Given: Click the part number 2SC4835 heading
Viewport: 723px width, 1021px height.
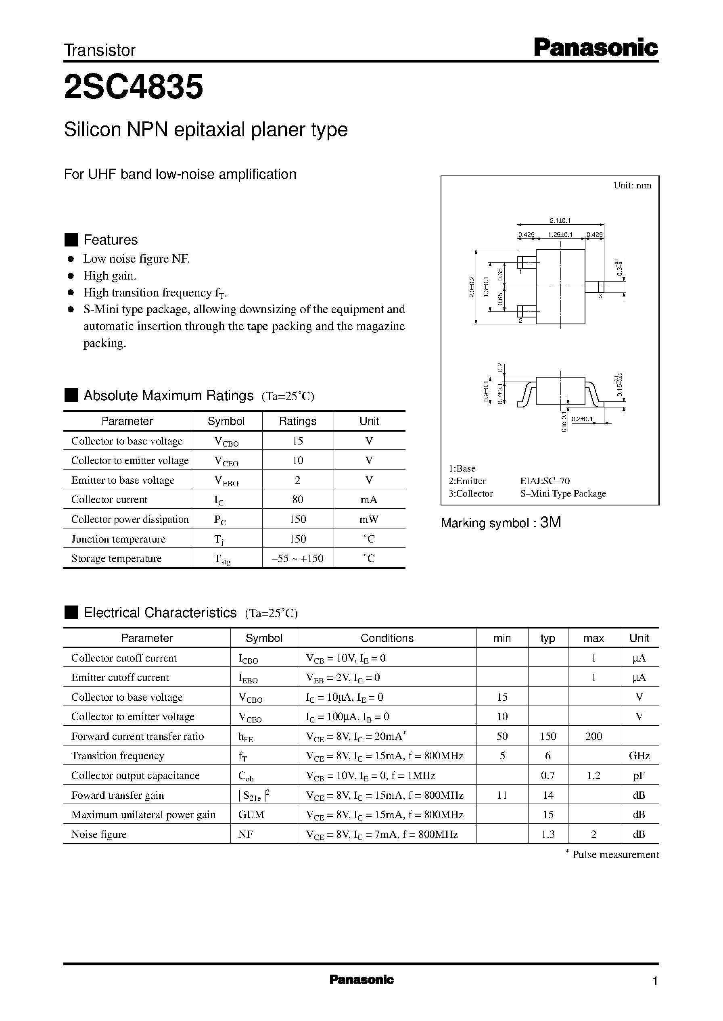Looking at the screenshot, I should (134, 87).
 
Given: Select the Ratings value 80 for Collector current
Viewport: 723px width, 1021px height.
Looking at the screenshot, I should (297, 499).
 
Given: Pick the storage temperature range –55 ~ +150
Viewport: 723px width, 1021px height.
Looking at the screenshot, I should (297, 559).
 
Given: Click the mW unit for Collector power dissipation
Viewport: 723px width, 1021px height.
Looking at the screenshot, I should (369, 520).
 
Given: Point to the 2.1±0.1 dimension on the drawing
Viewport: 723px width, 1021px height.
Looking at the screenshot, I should (560, 220).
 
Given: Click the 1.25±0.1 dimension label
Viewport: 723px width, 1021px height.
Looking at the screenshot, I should (560, 234).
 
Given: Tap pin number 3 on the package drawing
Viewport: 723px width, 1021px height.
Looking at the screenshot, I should (600, 296).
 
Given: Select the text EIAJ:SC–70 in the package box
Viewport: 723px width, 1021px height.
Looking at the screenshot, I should (545, 481).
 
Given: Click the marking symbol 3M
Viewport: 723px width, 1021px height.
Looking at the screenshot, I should (550, 522).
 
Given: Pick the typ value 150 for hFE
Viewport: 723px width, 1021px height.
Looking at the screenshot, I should (547, 736).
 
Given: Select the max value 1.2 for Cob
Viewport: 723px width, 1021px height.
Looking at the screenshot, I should (593, 775).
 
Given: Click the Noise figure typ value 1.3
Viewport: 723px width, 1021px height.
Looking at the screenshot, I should (547, 834).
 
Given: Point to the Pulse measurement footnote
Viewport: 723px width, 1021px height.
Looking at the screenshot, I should (614, 854).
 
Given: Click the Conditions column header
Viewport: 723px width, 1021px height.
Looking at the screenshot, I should (387, 638).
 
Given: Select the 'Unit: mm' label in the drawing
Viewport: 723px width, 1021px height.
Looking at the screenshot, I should (632, 186).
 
